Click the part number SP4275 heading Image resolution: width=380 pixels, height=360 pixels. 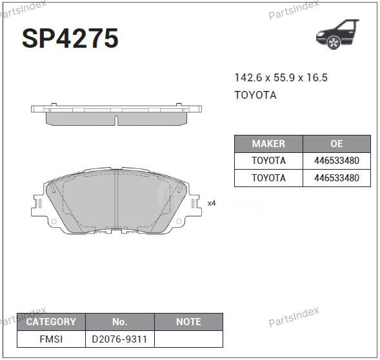pos(70,39)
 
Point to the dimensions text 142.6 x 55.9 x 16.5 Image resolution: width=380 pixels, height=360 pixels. pos(281,77)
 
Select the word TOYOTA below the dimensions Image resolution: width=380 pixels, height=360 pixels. pos(255,95)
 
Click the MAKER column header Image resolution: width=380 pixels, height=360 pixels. pos(268,144)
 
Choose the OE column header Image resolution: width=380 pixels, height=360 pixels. pos(336,144)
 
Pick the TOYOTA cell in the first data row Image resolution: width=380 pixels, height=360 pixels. pos(268,161)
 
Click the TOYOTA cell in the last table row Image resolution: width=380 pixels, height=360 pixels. pos(268,177)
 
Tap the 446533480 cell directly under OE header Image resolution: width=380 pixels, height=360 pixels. pos(336,161)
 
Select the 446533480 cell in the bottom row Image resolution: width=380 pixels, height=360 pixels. pos(336,177)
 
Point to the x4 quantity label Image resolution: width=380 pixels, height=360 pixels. pos(212,203)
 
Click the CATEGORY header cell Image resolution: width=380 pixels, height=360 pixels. pos(51,321)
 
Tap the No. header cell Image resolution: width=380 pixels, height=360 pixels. pos(120,321)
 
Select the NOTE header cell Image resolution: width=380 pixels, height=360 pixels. pos(188,321)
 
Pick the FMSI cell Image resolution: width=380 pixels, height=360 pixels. pos(51,339)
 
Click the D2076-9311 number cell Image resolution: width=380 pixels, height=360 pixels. pos(120,339)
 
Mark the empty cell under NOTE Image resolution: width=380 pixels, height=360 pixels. pos(188,339)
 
